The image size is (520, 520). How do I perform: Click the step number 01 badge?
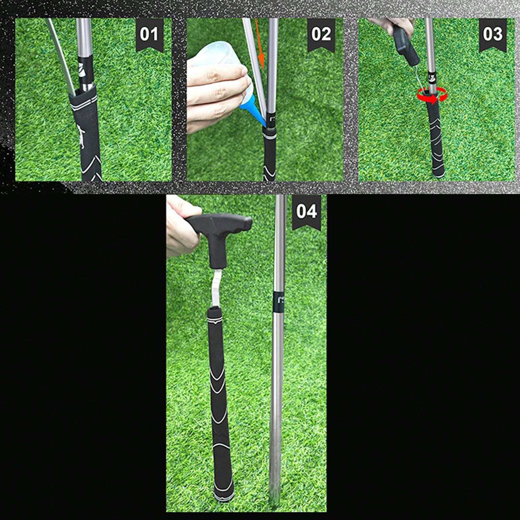click(x=149, y=34)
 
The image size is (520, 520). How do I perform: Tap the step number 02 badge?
click(x=321, y=34)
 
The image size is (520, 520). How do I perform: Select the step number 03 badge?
click(x=492, y=34)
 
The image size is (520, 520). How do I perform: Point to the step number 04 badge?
click(x=306, y=212)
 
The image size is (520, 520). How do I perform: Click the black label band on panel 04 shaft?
click(x=279, y=299)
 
